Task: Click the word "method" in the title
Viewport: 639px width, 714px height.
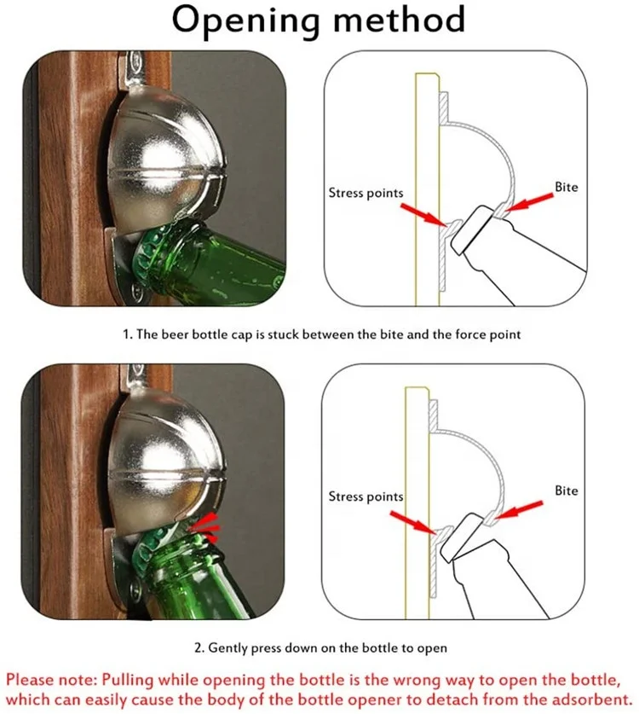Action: click(x=400, y=19)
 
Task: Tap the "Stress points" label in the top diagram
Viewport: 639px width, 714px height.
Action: click(x=366, y=194)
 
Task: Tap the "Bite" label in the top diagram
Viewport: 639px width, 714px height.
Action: click(x=566, y=186)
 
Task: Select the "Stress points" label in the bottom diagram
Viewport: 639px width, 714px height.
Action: click(x=366, y=496)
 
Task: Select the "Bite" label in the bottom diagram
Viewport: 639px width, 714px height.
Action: click(x=566, y=491)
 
